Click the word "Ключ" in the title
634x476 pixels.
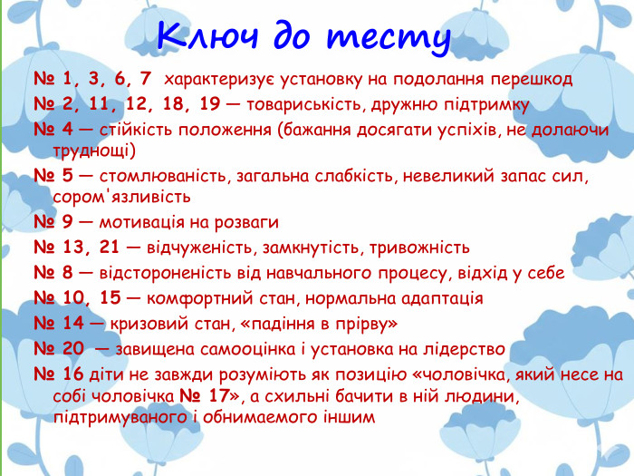202,36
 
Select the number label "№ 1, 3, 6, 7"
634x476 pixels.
92,80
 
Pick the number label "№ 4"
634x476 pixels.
55,129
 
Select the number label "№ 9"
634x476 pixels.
55,222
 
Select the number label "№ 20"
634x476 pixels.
60,348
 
